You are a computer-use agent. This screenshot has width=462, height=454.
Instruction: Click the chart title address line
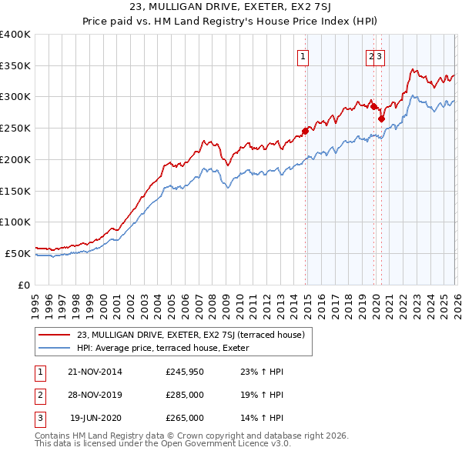tap(231, 8)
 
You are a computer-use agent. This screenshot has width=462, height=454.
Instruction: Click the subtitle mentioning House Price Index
tap(231, 22)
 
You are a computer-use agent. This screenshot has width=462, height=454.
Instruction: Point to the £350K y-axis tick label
tap(15, 65)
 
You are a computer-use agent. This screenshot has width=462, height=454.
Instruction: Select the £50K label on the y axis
tap(18, 253)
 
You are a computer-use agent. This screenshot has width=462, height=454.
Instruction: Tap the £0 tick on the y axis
tap(25, 285)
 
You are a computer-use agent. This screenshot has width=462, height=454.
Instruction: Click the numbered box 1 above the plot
tap(303, 55)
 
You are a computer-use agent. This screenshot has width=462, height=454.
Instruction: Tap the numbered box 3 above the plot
tap(380, 55)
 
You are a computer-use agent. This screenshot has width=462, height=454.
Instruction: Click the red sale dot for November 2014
tap(306, 131)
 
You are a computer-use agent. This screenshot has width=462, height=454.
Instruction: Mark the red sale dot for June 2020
tap(381, 119)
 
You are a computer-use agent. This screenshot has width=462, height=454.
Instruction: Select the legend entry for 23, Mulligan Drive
tap(191, 335)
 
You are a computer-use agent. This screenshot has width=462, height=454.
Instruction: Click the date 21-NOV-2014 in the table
tap(95, 372)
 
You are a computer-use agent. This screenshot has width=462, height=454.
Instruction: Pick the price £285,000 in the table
tap(185, 395)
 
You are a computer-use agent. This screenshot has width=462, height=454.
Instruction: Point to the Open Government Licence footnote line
tap(163, 444)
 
